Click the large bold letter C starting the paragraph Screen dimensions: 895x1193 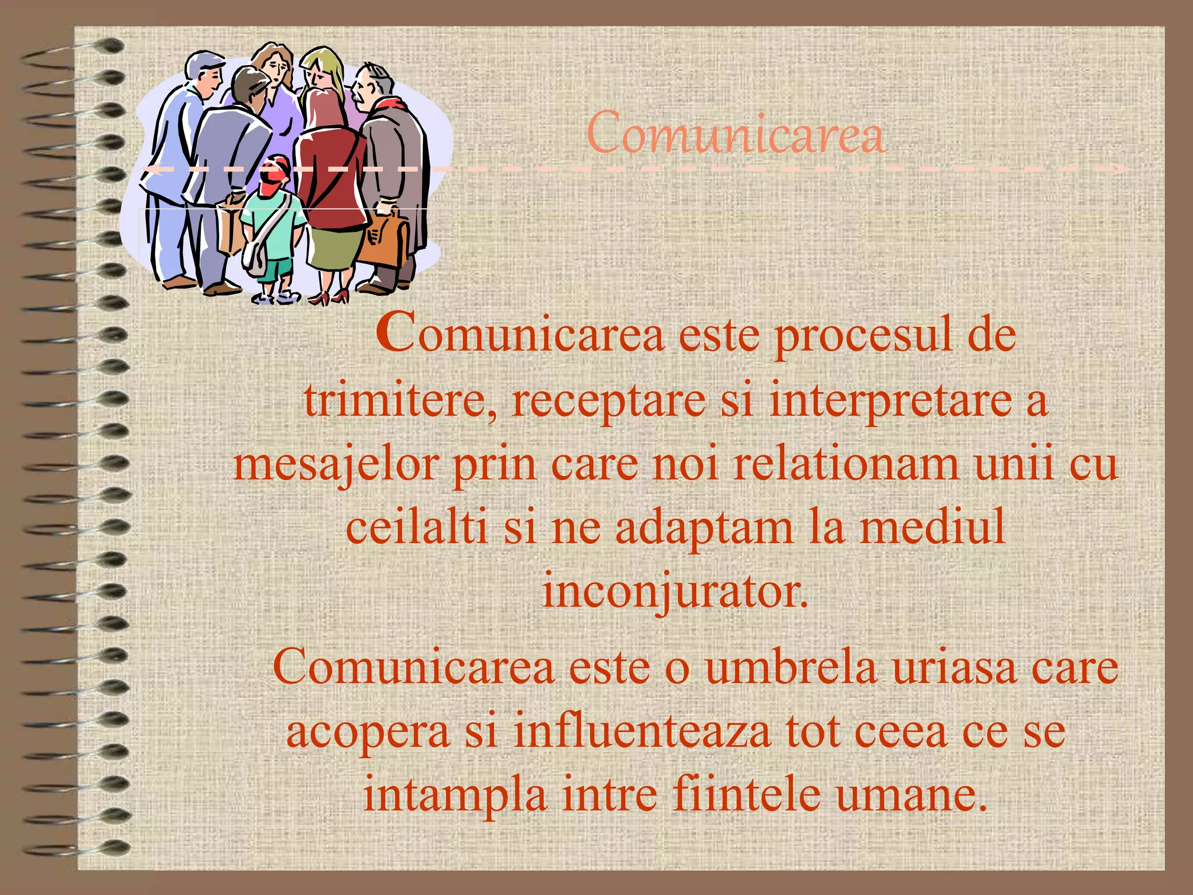(396, 332)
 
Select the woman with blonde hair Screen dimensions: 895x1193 (324, 73)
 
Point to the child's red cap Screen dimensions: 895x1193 (276, 164)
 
